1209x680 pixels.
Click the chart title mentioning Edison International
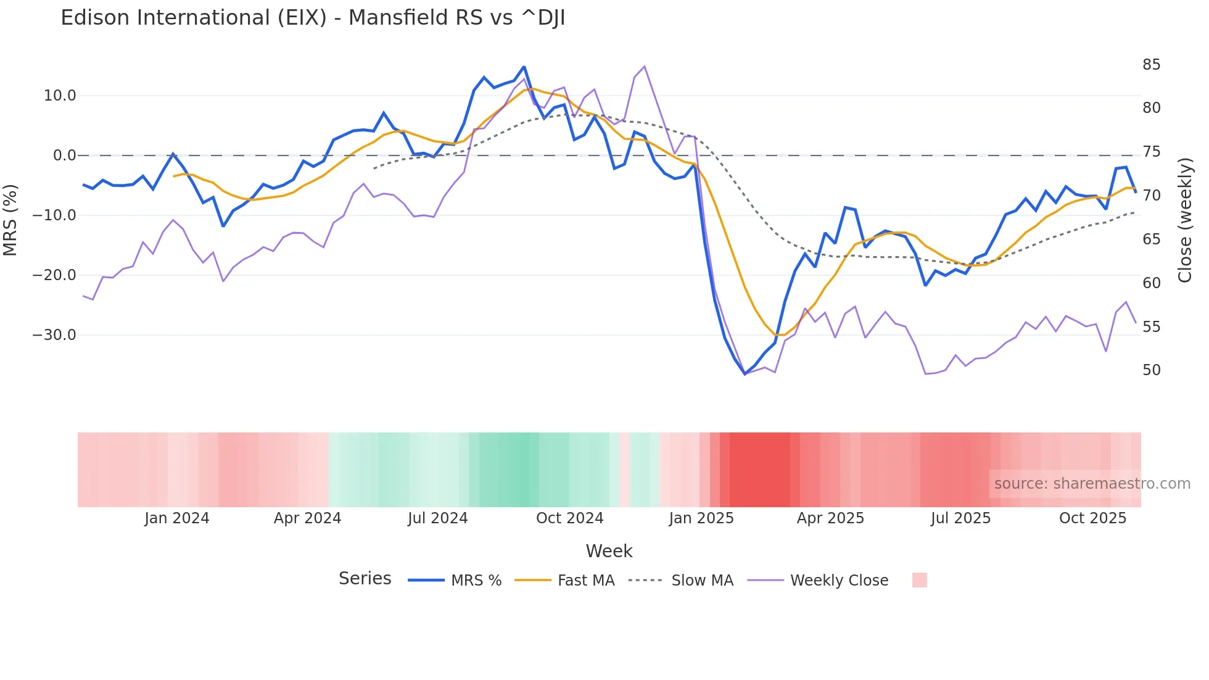pyautogui.click(x=313, y=18)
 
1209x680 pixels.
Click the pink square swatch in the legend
pyautogui.click(x=919, y=580)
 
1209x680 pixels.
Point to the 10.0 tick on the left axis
pyautogui.click(x=60, y=96)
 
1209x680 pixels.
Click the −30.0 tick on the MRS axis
pyautogui.click(x=54, y=335)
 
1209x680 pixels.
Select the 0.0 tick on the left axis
pyautogui.click(x=65, y=155)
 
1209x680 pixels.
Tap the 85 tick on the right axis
pyautogui.click(x=1151, y=65)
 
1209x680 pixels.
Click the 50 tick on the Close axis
pyautogui.click(x=1151, y=370)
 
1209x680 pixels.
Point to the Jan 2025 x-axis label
pyautogui.click(x=701, y=518)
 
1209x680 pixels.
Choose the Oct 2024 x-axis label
pyautogui.click(x=569, y=518)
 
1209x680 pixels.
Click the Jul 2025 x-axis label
pyautogui.click(x=960, y=518)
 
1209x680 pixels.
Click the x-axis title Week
pyautogui.click(x=609, y=551)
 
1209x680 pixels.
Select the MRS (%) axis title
pyautogui.click(x=10, y=220)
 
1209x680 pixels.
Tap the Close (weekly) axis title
pyautogui.click(x=1184, y=220)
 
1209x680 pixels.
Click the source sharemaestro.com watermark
pyautogui.click(x=1092, y=484)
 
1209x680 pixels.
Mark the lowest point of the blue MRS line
pyautogui.click(x=745, y=374)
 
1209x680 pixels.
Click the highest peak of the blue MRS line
pyautogui.click(x=524, y=67)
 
